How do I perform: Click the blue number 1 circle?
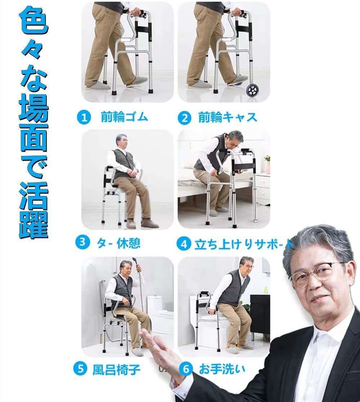click(84, 118)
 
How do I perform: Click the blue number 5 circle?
click(80, 369)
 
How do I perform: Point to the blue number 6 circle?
click(186, 369)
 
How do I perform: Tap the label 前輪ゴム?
click(124, 117)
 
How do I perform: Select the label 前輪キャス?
click(228, 117)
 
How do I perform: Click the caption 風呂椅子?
click(116, 369)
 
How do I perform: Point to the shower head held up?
click(135, 261)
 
